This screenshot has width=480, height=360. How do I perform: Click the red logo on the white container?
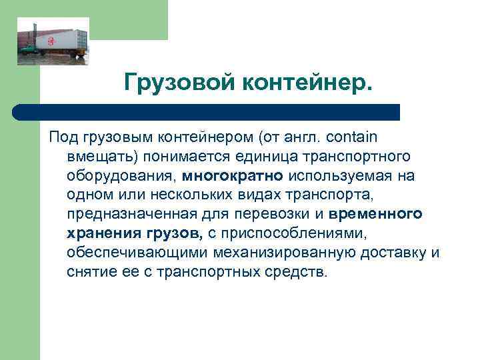pyautogui.click(x=51, y=41)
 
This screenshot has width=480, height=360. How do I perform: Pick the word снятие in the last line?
pyautogui.click(x=89, y=273)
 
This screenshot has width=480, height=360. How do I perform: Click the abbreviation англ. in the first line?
pyautogui.click(x=303, y=137)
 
